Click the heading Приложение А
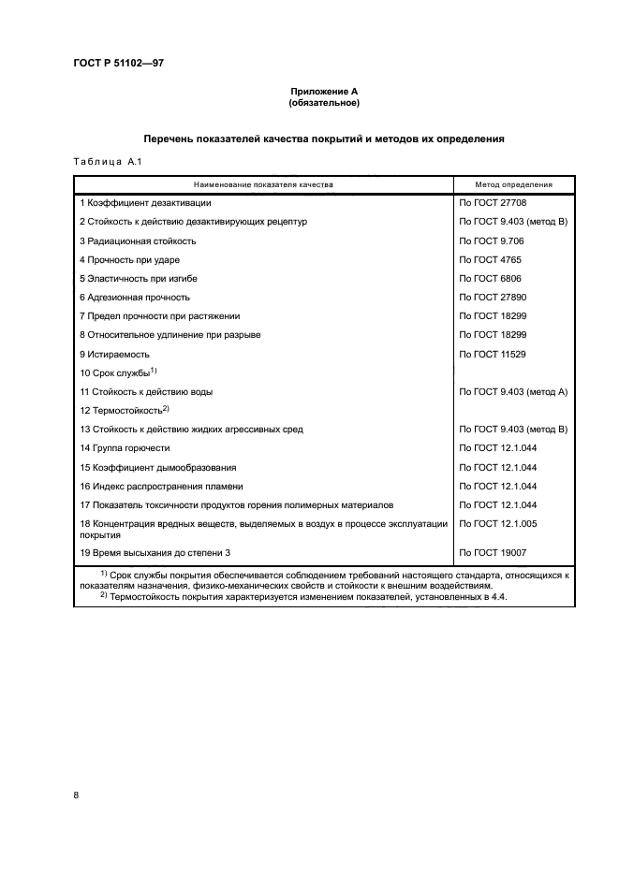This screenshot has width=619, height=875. (323, 91)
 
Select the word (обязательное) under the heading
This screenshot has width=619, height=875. (323, 102)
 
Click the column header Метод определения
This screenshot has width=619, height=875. (513, 184)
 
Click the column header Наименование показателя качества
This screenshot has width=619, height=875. (263, 184)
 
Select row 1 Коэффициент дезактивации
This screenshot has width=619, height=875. (145, 202)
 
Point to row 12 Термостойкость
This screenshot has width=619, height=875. (124, 410)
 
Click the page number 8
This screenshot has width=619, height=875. (76, 795)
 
